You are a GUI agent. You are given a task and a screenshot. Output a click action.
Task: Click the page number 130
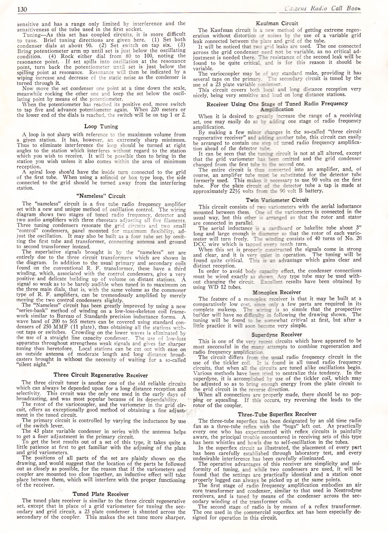tap(22, 9)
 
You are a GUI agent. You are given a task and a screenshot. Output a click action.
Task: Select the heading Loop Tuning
tap(101, 127)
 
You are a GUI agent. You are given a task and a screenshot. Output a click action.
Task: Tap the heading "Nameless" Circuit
tap(101, 196)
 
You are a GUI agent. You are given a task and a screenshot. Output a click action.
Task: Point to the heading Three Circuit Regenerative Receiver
tap(100, 375)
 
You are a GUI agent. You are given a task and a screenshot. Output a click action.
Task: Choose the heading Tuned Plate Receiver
tap(101, 494)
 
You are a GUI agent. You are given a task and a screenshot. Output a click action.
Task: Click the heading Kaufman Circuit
tap(277, 23)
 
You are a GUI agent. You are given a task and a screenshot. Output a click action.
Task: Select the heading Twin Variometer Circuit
tap(277, 200)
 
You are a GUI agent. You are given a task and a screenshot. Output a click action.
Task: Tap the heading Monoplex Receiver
tap(277, 292)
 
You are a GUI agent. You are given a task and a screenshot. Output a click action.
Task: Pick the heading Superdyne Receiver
tap(277, 334)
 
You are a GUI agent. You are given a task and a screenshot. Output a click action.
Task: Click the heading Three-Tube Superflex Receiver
tap(277, 414)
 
